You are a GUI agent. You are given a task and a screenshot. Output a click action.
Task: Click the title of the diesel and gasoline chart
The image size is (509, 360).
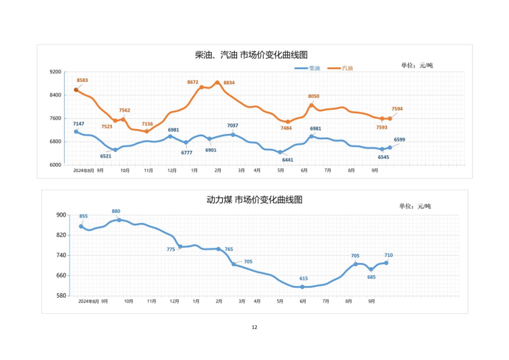tap(251, 55)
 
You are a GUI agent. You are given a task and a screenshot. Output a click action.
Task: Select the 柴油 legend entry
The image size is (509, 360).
tap(307, 68)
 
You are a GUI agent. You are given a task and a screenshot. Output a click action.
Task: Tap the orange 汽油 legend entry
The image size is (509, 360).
tap(340, 68)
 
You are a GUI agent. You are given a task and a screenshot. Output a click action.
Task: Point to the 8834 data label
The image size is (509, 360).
tap(229, 83)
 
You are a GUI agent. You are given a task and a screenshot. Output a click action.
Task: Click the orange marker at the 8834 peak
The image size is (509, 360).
tap(217, 82)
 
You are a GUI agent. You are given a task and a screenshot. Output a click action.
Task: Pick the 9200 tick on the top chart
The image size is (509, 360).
tap(56, 72)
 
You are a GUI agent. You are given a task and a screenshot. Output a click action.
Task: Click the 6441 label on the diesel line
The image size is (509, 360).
tap(288, 160)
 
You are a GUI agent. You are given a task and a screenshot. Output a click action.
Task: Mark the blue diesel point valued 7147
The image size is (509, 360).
tap(76, 132)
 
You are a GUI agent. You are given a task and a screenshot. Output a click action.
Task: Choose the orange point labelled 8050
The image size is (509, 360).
tap(311, 105)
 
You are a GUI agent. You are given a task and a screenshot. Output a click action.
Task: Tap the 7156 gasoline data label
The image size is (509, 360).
tap(147, 124)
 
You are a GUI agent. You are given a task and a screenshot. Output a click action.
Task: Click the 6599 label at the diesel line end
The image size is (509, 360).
tap(399, 140)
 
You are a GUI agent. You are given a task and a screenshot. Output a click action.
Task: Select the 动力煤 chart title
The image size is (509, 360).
tap(254, 200)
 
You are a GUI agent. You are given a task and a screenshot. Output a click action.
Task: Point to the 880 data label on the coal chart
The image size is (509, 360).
tap(116, 211)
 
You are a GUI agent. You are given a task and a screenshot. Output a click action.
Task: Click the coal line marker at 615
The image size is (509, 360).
tap(302, 287)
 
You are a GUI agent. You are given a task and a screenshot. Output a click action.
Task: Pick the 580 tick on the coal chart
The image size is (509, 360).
tap(61, 296)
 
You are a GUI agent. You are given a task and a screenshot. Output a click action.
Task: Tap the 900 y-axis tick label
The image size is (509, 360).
tap(61, 215)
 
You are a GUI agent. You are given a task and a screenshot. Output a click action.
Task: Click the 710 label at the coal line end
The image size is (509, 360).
tap(388, 255)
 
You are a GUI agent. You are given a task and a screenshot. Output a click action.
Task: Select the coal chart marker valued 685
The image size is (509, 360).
tap(371, 269)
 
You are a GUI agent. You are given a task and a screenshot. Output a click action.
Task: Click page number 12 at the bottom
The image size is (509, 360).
tap(254, 327)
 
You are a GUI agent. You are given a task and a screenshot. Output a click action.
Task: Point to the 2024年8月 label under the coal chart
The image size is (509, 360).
tap(89, 301)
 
